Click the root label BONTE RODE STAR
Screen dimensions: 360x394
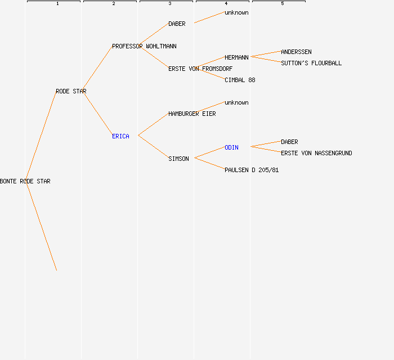[25, 181]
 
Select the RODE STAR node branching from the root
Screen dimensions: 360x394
[71, 91]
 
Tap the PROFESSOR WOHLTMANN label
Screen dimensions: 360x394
[144, 46]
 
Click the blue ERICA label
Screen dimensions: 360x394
[120, 136]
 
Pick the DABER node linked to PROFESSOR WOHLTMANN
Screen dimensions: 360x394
[177, 24]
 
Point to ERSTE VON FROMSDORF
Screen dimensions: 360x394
[200, 69]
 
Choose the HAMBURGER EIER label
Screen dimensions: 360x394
[192, 114]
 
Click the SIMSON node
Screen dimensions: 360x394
[178, 159]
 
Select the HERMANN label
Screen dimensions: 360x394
[236, 57]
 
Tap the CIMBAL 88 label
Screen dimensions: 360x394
[240, 80]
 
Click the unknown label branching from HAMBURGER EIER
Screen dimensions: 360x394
[236, 102]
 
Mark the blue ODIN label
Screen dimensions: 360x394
[231, 147]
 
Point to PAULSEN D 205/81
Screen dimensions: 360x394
[252, 170]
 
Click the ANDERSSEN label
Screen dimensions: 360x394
[296, 52]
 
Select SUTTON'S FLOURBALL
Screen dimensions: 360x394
[311, 63]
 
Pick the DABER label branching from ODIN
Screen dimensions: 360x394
[289, 142]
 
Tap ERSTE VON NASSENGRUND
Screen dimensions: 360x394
[316, 153]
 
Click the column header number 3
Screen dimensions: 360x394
[170, 4]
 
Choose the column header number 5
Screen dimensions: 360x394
[283, 4]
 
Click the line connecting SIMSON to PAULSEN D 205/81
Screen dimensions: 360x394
[209, 164]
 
